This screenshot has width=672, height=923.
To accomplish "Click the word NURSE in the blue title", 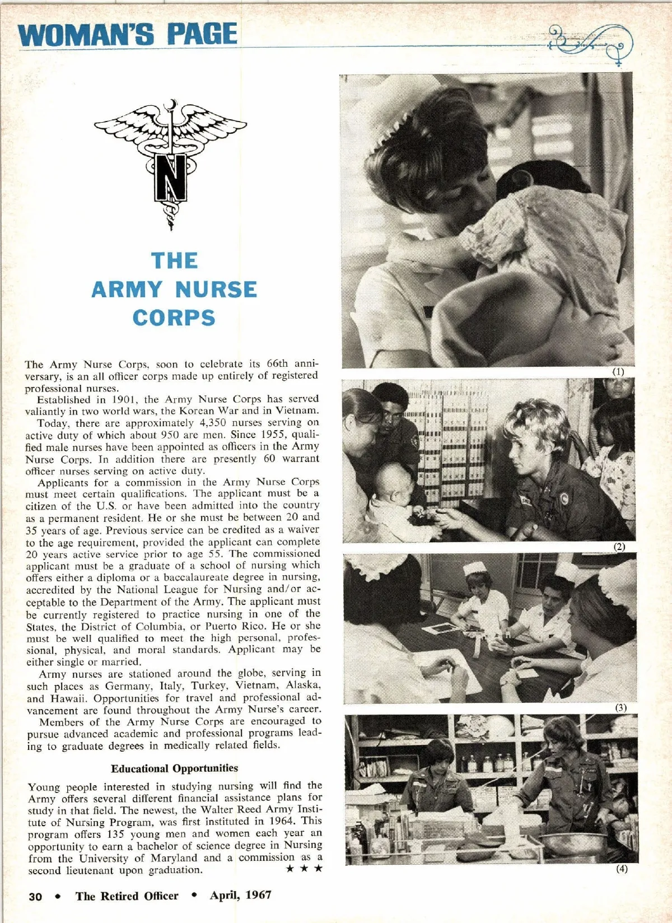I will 216,290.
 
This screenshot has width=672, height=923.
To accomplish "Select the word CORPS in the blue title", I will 174,318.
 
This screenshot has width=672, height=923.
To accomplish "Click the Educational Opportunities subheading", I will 174,768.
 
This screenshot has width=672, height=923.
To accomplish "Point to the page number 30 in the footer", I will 35,897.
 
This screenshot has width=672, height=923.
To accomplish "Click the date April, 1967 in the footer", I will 240,895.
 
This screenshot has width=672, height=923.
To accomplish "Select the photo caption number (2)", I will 619,547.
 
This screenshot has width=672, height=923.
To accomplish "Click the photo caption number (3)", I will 621,707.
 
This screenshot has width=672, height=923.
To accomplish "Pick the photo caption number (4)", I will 622,869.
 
